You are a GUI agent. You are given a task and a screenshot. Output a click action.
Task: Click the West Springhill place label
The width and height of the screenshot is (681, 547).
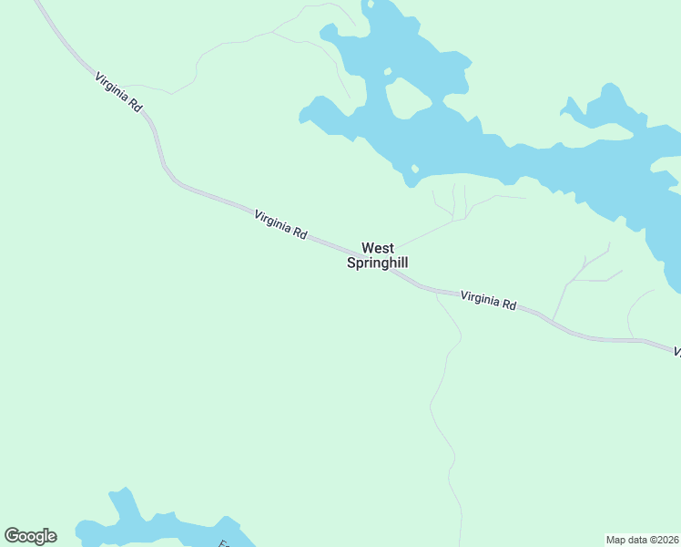pos(377,255)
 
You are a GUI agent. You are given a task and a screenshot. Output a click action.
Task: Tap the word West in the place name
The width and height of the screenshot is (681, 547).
pos(378,248)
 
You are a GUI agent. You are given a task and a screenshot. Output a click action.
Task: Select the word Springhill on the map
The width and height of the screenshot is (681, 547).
pos(377,263)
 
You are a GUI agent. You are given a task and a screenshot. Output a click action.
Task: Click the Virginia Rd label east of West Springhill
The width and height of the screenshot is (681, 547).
pos(488,300)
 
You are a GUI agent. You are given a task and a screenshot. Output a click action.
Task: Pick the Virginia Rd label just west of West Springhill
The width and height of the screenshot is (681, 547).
pos(280,224)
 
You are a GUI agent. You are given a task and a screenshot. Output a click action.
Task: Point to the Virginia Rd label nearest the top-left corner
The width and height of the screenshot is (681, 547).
pos(118,92)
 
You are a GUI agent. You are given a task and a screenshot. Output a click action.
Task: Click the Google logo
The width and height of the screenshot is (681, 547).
pos(30,536)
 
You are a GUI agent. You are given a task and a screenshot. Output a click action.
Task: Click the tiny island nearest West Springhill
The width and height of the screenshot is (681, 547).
pos(414,169)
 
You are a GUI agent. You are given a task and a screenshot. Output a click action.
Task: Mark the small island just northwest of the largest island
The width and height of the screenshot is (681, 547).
pos(387,71)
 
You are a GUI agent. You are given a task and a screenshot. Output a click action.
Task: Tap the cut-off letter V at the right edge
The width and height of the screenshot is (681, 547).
pos(676,351)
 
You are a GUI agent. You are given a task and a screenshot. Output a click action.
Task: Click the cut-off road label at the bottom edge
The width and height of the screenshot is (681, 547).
pos(224,543)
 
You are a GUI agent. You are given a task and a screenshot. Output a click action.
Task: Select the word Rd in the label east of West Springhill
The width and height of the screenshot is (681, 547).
pos(508,304)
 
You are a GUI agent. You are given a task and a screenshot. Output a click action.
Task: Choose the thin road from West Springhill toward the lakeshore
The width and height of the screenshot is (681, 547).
pos(428,232)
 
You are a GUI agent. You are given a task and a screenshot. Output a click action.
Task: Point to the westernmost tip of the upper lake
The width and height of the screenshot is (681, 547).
pos(301,117)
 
